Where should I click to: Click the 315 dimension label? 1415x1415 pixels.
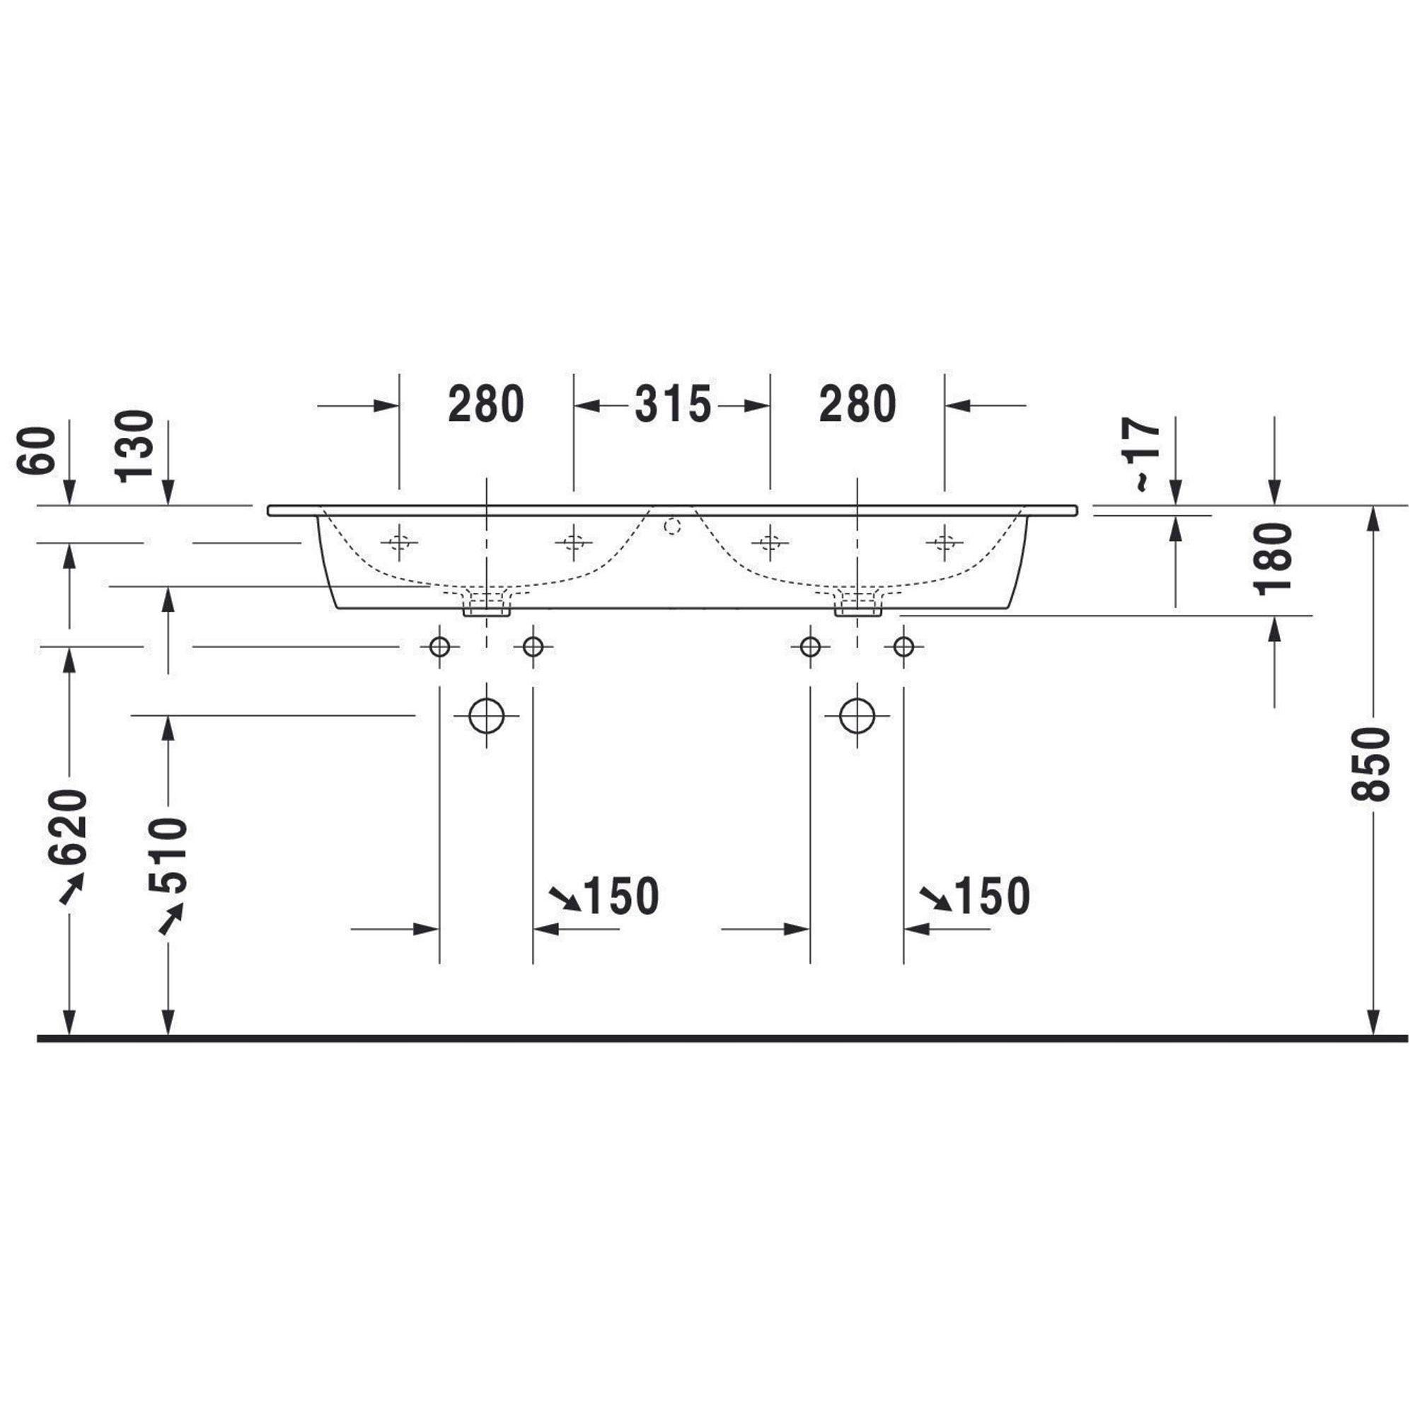point(672,404)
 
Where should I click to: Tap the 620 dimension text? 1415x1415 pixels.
point(68,827)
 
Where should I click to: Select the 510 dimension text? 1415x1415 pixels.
point(168,855)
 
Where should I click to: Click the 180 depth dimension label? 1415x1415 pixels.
point(1273,558)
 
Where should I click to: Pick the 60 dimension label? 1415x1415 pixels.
point(36,451)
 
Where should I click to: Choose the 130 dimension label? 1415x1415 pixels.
point(134,446)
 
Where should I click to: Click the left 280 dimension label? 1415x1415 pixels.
point(486,404)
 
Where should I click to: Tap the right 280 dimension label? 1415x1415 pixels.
point(857,404)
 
